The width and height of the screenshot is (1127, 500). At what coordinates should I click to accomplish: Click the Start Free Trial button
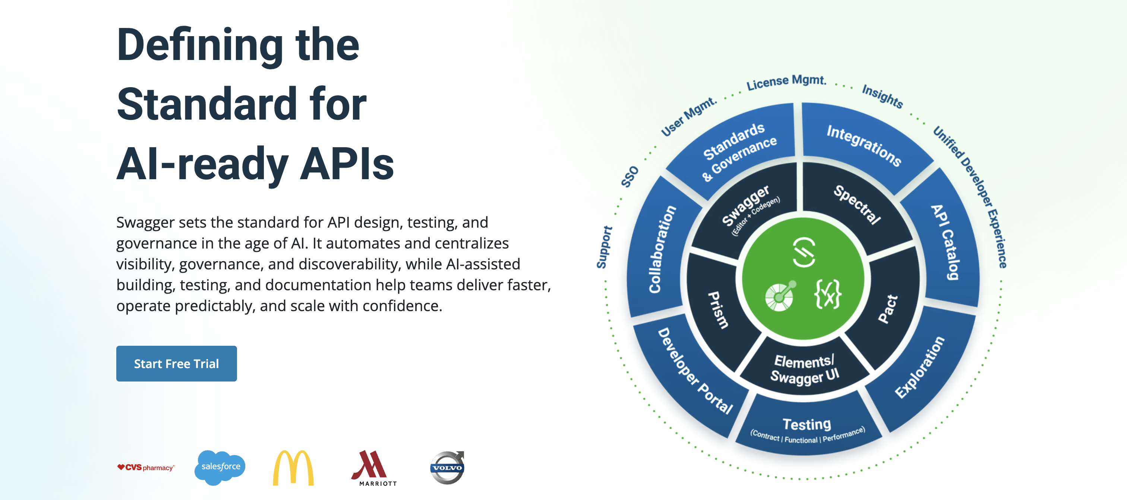click(x=176, y=364)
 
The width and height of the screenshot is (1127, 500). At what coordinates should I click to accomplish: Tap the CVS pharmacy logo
click(x=146, y=468)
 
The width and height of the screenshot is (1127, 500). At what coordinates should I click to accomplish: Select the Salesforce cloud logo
click(x=220, y=467)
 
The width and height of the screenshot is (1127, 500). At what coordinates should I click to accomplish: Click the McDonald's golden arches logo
click(x=293, y=468)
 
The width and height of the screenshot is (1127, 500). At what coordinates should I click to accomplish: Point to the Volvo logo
click(x=447, y=468)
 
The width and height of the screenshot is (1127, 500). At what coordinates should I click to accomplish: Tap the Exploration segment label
click(x=919, y=367)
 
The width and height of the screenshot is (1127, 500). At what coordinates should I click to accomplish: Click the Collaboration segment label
click(x=662, y=249)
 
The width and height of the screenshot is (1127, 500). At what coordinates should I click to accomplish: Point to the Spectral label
click(x=857, y=204)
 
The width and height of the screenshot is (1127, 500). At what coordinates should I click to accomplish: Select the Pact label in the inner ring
click(x=888, y=309)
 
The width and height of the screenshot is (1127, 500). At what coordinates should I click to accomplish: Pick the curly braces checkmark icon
click(x=827, y=294)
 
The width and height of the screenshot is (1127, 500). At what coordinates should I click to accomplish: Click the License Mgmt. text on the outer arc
click(x=786, y=82)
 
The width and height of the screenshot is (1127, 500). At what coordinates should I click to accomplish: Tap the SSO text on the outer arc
click(x=630, y=176)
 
